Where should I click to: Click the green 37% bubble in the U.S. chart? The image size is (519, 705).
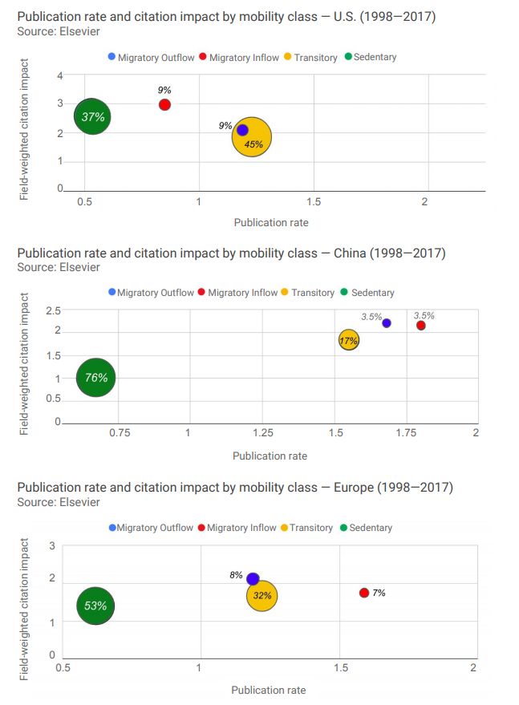pyautogui.click(x=93, y=117)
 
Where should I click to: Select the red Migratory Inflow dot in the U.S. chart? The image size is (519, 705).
pyautogui.click(x=164, y=105)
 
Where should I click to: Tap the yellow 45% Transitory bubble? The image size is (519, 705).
pyautogui.click(x=252, y=138)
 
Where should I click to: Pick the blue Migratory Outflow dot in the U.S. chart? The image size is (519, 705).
pyautogui.click(x=242, y=130)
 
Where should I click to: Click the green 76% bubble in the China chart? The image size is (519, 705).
pyautogui.click(x=96, y=378)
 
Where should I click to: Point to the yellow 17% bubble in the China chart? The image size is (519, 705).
pyautogui.click(x=349, y=340)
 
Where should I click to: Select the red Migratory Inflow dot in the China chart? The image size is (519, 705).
pyautogui.click(x=420, y=326)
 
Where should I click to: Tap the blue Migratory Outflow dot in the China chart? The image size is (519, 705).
pyautogui.click(x=387, y=323)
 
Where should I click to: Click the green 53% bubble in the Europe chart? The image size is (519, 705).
pyautogui.click(x=95, y=606)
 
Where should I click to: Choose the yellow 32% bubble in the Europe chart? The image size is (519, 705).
pyautogui.click(x=262, y=596)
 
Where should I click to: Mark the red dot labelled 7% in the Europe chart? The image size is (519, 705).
pyautogui.click(x=364, y=593)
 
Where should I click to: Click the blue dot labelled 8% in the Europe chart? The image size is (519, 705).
pyautogui.click(x=253, y=578)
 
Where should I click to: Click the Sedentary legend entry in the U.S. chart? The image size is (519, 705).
pyautogui.click(x=371, y=57)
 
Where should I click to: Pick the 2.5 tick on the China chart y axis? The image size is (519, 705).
pyautogui.click(x=53, y=311)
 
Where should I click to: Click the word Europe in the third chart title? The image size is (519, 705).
pyautogui.click(x=345, y=488)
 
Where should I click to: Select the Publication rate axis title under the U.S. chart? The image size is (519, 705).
pyautogui.click(x=270, y=222)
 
